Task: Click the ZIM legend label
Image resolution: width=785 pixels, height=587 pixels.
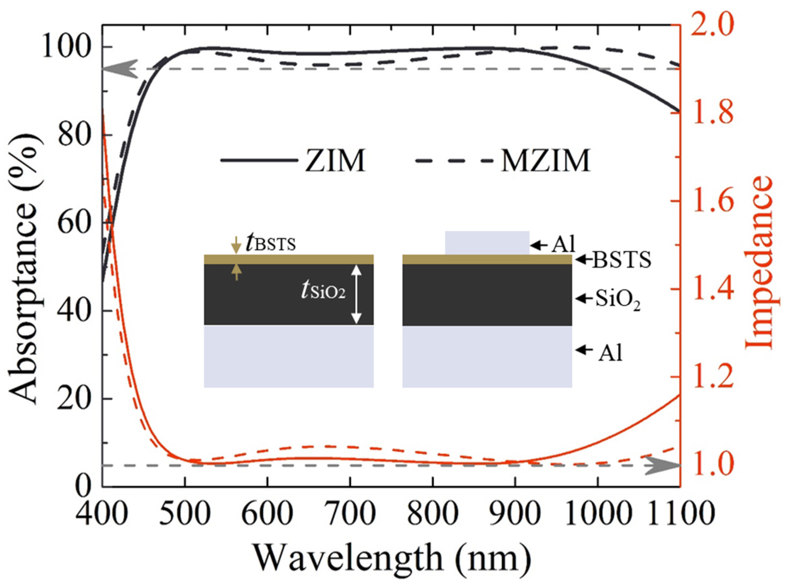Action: [335, 161]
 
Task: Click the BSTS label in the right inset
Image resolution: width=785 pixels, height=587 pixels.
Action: [621, 260]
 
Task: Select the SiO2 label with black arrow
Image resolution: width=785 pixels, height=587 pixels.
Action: [617, 299]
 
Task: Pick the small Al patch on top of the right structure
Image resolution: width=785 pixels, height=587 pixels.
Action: [487, 243]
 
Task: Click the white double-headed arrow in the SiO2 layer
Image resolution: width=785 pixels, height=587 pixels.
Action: [357, 295]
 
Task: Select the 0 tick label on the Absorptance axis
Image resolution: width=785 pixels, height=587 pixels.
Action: [83, 486]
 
